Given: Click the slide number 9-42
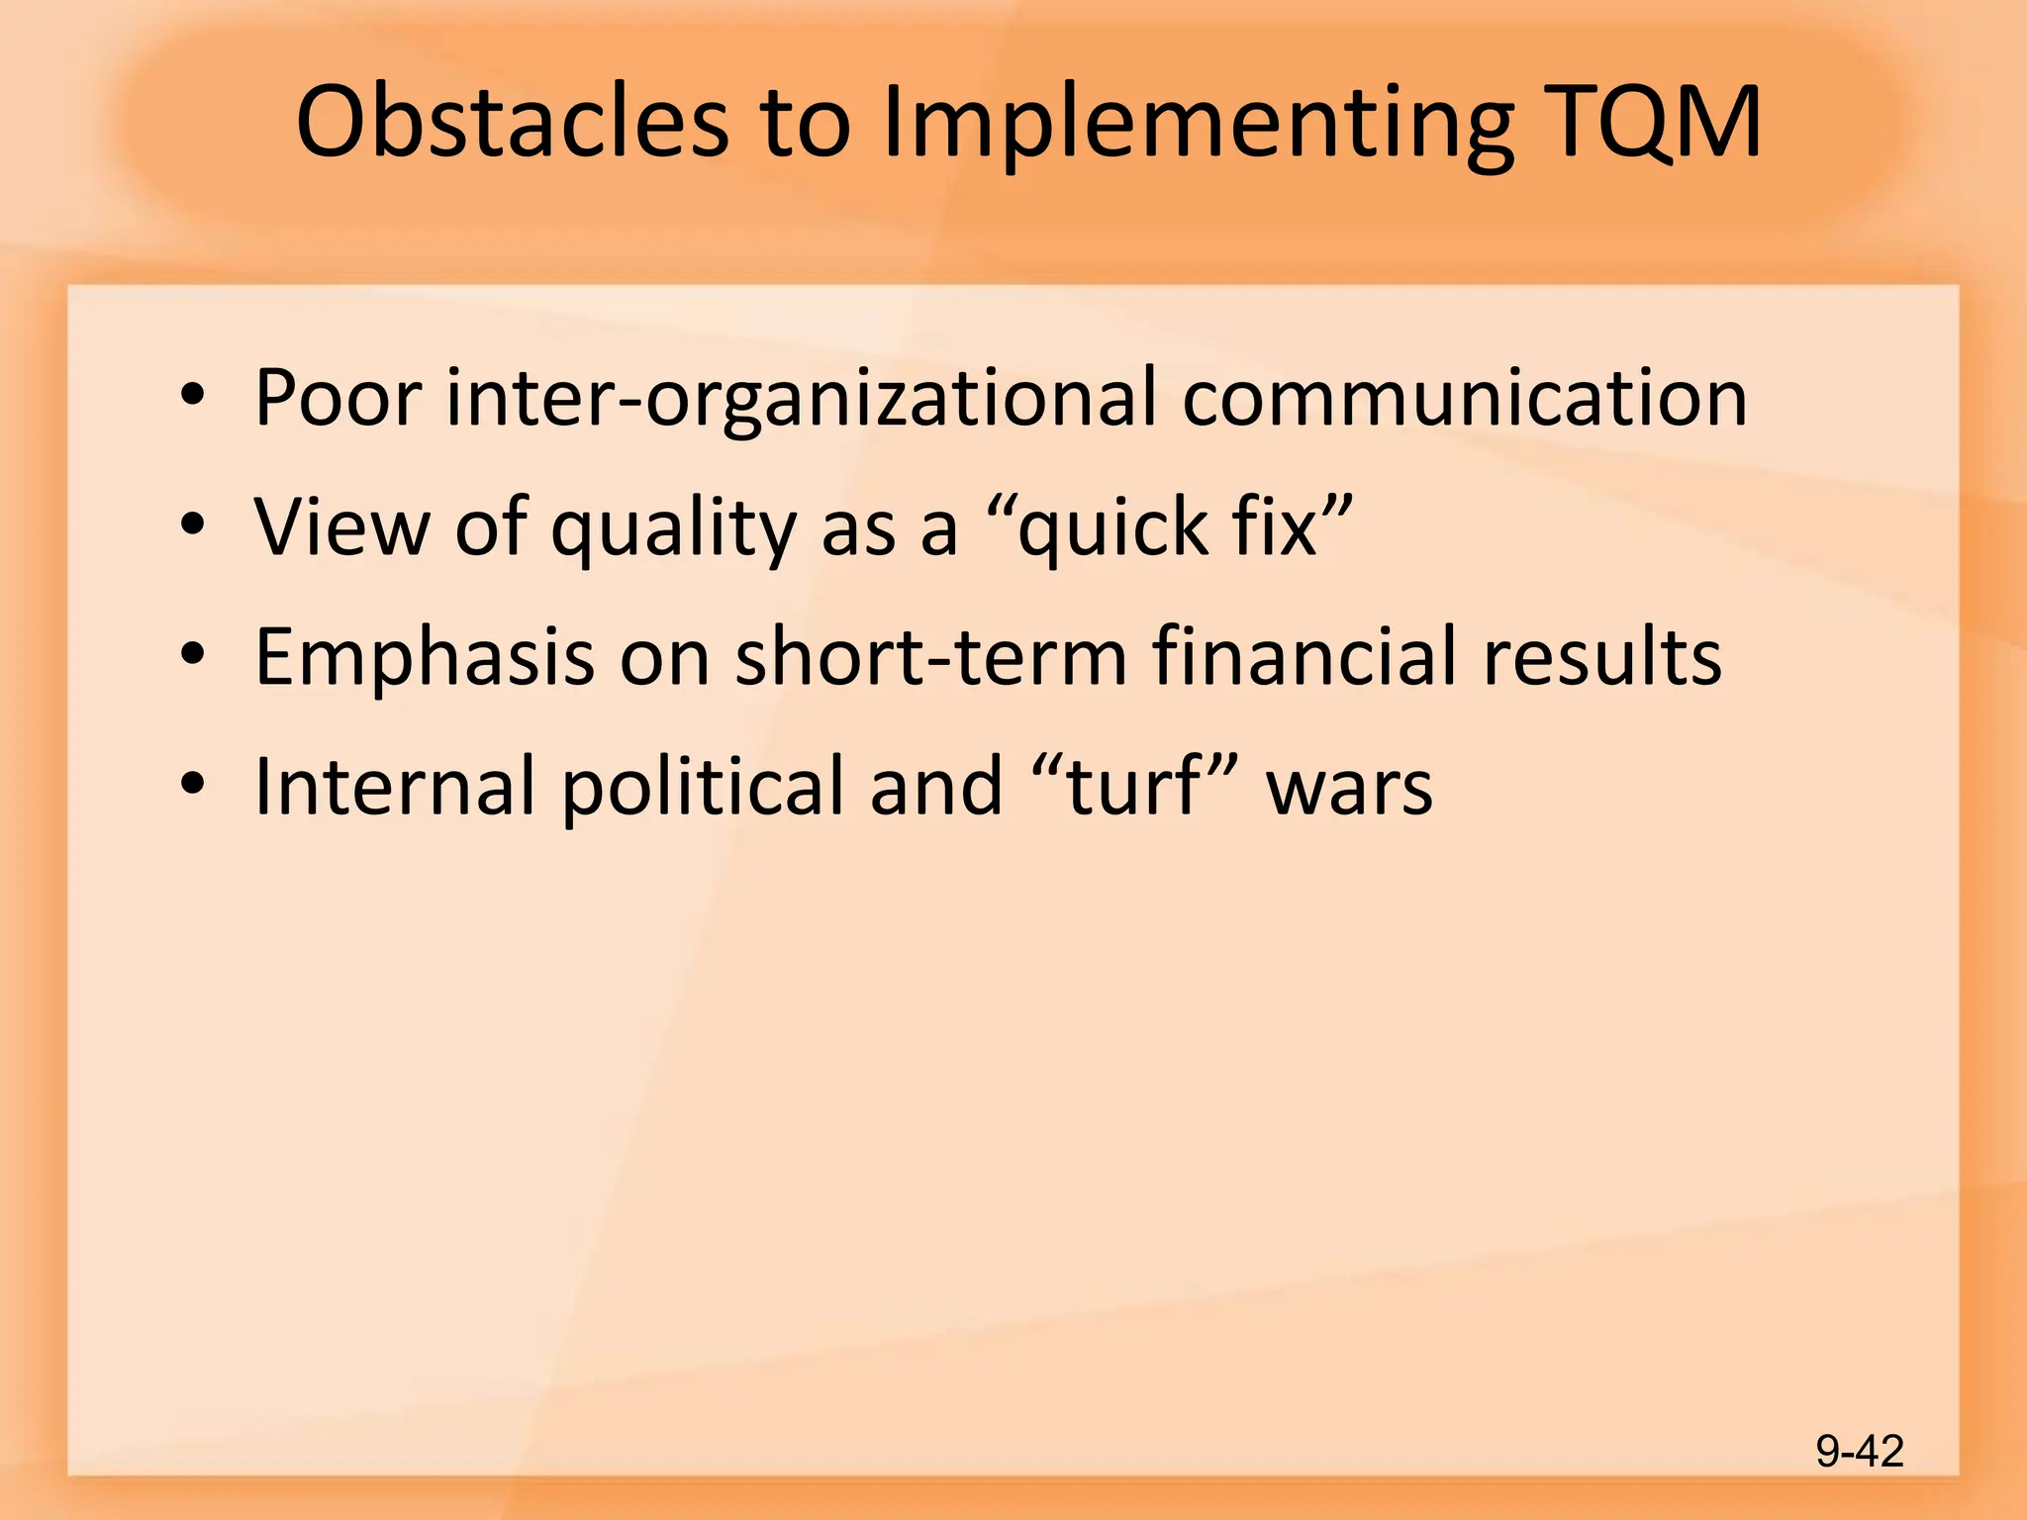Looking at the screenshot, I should pyautogui.click(x=1860, y=1452).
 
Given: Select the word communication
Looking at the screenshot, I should pyautogui.click(x=1465, y=398).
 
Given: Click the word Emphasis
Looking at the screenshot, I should pyautogui.click(x=425, y=658).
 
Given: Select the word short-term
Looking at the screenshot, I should pyautogui.click(x=931, y=657).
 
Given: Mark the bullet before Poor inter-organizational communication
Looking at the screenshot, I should pyautogui.click(x=193, y=398).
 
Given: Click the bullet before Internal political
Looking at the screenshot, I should pyautogui.click(x=193, y=786).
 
